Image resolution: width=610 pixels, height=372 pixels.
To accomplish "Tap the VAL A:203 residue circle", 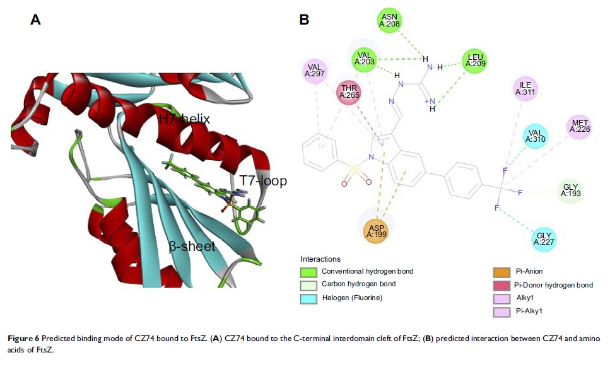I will [365, 59].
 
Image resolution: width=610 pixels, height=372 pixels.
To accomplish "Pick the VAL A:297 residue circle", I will [315, 71].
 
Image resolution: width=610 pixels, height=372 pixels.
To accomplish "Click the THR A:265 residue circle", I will [349, 93].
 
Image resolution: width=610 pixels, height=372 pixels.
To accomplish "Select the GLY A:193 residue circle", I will [570, 191].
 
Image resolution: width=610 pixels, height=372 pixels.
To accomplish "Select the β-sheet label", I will [192, 246].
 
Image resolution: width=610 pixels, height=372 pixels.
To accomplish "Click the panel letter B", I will [304, 21].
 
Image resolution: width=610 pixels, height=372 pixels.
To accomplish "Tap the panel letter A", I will [36, 21].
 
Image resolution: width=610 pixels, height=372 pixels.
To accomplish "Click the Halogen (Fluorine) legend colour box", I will [308, 298].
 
